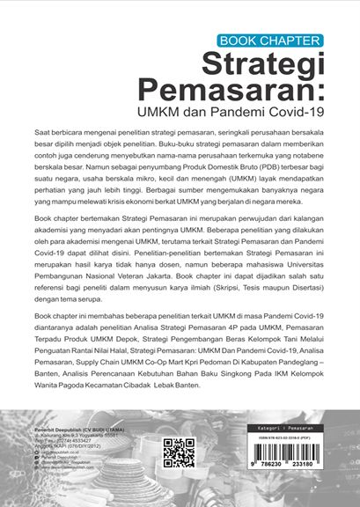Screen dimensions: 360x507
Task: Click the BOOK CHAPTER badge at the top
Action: (x=270, y=40)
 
